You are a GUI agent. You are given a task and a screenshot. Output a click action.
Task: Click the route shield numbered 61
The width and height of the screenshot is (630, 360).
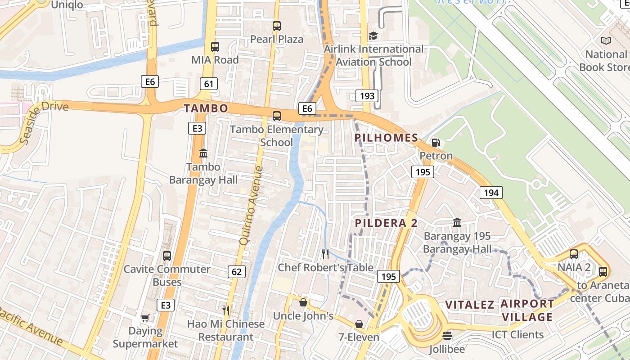pos(208,84)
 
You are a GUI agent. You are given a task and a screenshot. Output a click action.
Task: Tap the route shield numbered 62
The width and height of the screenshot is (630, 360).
pos(237,271)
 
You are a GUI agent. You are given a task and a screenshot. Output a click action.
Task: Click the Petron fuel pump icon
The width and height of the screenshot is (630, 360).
pos(436,143)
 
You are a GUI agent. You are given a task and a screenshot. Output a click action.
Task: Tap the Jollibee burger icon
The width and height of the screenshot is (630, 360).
pos(447,336)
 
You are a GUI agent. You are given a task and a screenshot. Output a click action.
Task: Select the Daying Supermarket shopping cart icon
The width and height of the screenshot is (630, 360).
pos(145,318)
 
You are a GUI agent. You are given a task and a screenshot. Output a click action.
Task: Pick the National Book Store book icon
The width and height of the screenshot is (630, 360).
pos(606,41)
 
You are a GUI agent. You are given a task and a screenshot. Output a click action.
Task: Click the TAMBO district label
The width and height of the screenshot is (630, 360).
pos(206,108)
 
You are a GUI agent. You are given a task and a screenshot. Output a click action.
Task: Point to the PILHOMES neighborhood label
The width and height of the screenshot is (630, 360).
pos(386,138)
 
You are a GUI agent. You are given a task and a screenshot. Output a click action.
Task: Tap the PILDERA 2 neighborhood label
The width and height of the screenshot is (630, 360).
pos(386,223)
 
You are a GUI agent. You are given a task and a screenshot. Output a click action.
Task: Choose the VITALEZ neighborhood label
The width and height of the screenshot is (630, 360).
pos(470,305)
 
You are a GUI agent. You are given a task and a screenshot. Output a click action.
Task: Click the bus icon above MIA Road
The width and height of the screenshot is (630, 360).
pos(215,47)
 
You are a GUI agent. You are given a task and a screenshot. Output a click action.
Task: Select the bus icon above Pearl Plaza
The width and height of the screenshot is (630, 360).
pos(277,26)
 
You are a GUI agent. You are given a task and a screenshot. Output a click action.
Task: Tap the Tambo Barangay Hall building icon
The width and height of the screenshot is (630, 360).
pos(203,153)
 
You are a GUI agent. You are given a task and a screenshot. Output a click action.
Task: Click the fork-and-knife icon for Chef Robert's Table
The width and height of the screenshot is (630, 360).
pos(325,254)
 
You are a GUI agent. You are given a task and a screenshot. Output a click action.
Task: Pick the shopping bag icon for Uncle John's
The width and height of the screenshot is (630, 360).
pos(303,302)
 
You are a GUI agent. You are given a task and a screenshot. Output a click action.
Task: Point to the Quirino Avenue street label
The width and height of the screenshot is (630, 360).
pos(251,206)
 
